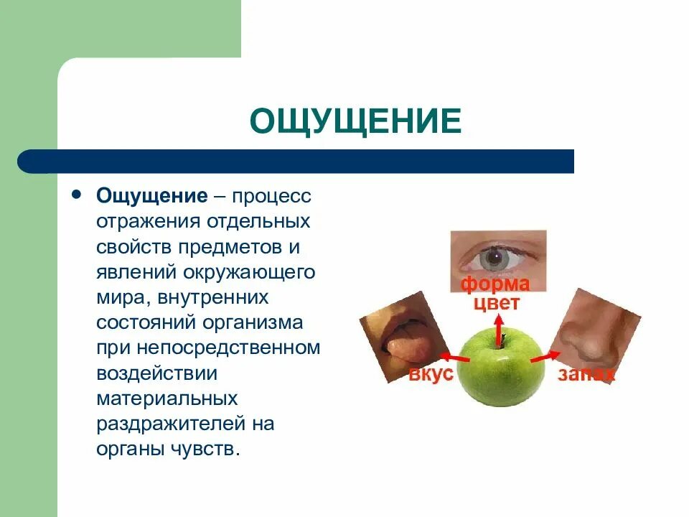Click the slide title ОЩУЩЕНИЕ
pos(355,121)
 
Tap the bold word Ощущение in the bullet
pos(153,196)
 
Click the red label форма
pos(495,284)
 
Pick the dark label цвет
pos(495,303)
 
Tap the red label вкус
pos(431,374)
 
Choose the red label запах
pos(586,374)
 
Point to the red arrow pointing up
pos(495,321)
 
